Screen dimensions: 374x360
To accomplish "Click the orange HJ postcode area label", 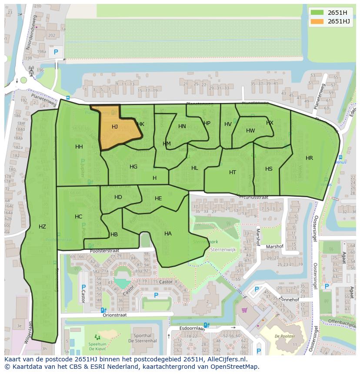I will click(115, 127).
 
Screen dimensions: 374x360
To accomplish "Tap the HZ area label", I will click(42, 226).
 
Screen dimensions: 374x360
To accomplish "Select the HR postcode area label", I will click(309, 158).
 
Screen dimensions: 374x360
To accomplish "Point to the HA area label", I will click(168, 234).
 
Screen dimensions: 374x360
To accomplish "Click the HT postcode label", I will click(233, 172).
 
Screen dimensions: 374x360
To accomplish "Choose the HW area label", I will click(250, 131).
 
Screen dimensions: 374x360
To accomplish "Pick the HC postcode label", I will click(78, 217).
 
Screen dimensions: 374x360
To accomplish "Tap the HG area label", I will click(133, 167).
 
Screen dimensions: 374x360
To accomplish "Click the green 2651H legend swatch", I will click(317, 13).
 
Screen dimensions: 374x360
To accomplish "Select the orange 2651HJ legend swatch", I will click(317, 21).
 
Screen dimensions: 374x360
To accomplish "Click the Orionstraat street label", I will click(115, 315).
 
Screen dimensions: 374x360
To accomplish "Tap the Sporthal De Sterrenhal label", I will click(143, 338).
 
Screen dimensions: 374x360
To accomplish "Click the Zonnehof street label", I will click(290, 300).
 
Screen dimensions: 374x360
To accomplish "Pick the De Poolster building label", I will click(285, 336).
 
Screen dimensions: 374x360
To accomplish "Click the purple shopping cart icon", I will click(244, 310).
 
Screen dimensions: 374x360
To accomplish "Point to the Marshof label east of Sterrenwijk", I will click(274, 246).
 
